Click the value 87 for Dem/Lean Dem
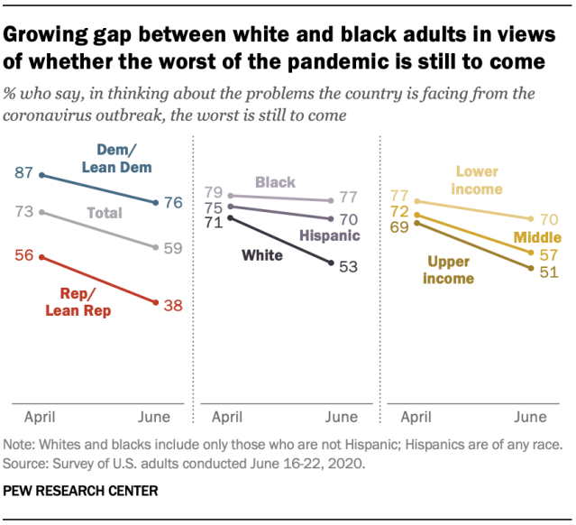24,171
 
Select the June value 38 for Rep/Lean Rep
173,305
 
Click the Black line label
275,182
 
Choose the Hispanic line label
329,235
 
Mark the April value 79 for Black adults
213,191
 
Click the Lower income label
484,179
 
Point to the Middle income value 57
547,255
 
